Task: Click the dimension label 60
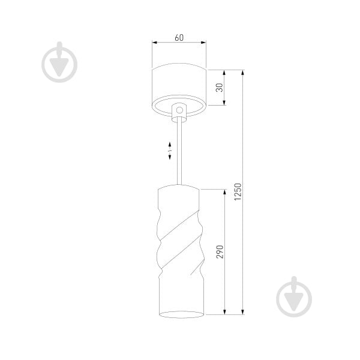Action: pyautogui.click(x=179, y=37)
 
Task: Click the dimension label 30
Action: pyautogui.click(x=219, y=88)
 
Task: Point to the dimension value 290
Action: pyautogui.click(x=220, y=251)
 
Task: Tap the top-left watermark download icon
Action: pyautogui.click(x=60, y=61)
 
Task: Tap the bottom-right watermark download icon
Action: pyautogui.click(x=294, y=296)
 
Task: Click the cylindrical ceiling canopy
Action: pyautogui.click(x=179, y=84)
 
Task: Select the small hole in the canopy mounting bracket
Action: pyautogui.click(x=179, y=110)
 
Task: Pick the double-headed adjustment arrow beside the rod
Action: pyautogui.click(x=170, y=151)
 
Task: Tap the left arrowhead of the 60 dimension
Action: pyautogui.click(x=154, y=43)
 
